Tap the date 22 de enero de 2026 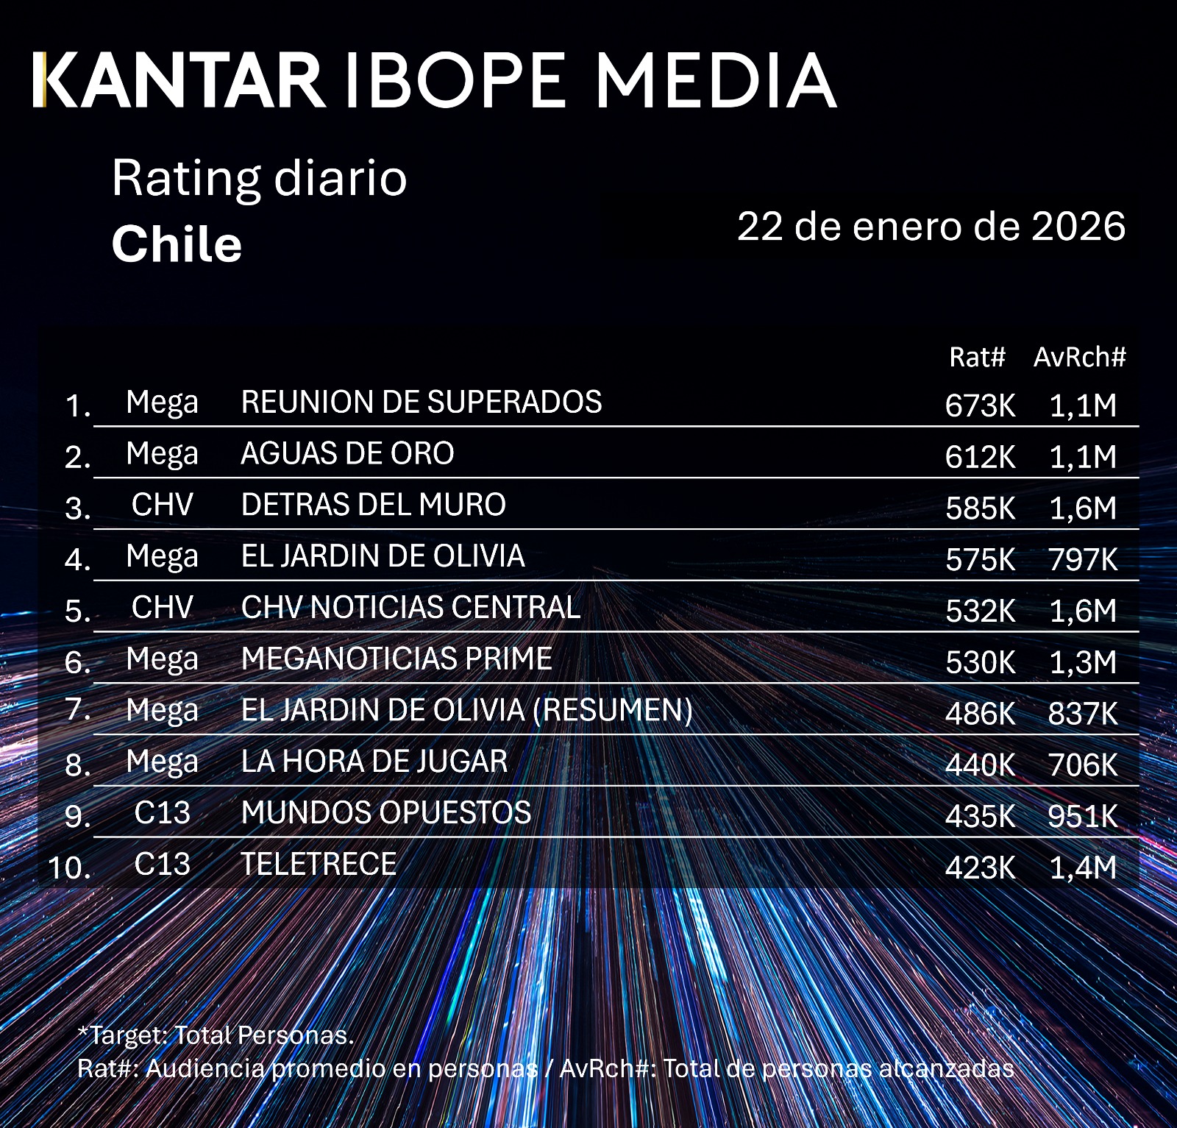click(931, 226)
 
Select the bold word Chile click(177, 244)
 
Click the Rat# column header click(976, 358)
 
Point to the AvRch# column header click(1079, 358)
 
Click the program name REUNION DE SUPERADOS click(421, 402)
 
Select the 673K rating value click(980, 405)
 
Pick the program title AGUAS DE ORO click(347, 454)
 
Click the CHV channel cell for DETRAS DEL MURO click(162, 506)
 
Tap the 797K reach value click(1083, 560)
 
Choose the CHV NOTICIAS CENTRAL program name click(410, 608)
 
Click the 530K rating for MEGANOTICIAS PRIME click(980, 662)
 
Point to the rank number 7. click(77, 711)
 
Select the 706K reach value click(1083, 765)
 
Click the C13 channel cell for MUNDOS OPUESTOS click(162, 813)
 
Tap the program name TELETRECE click(319, 865)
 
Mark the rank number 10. click(70, 868)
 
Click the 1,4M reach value click(1083, 868)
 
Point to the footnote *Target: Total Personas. click(216, 1035)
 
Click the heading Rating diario click(259, 179)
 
